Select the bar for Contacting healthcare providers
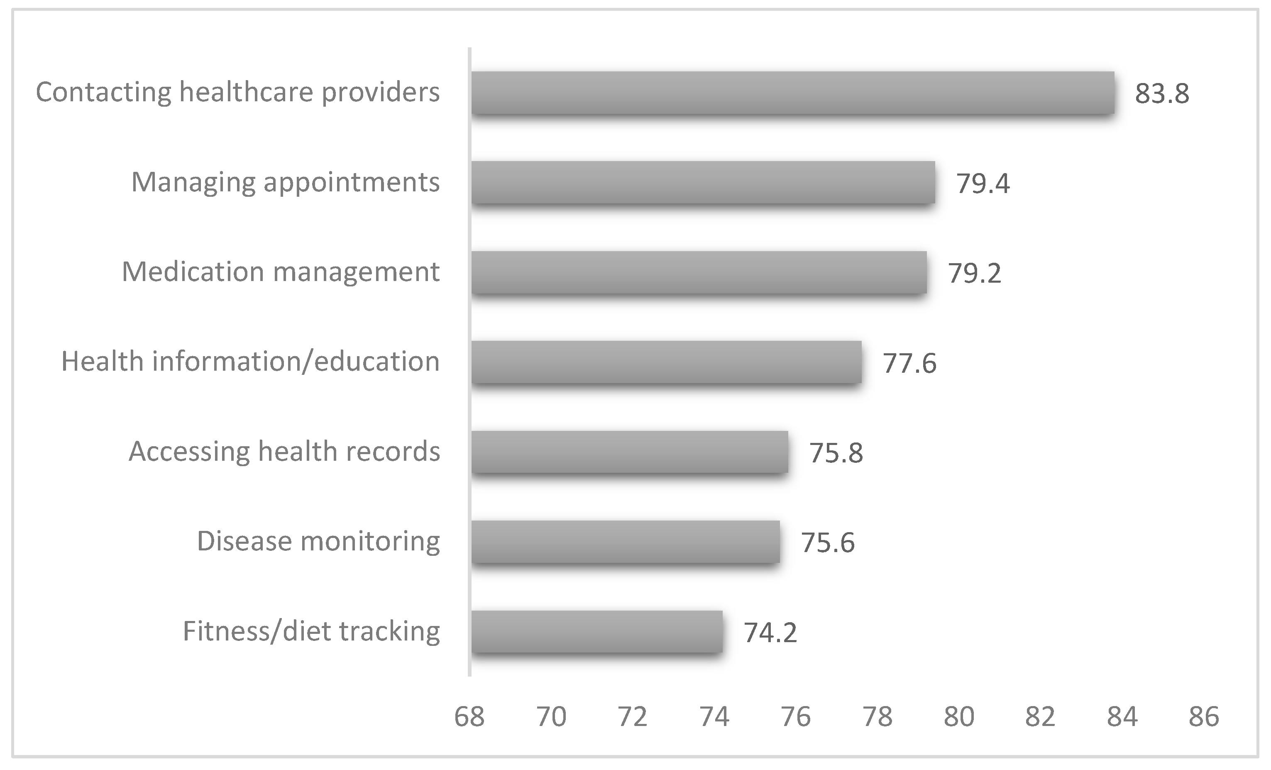[792, 93]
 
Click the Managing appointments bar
[703, 183]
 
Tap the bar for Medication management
[699, 272]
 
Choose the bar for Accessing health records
[629, 452]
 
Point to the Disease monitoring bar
[625, 542]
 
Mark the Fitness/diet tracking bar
[596, 631]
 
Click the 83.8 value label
[1162, 94]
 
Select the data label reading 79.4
[983, 183]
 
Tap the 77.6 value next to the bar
[909, 363]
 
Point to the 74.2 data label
[770, 633]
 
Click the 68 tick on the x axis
[469, 716]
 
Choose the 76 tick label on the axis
[796, 716]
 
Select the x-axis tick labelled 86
[1203, 716]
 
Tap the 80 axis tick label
[959, 716]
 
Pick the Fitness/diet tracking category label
[311, 631]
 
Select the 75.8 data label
[836, 453]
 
